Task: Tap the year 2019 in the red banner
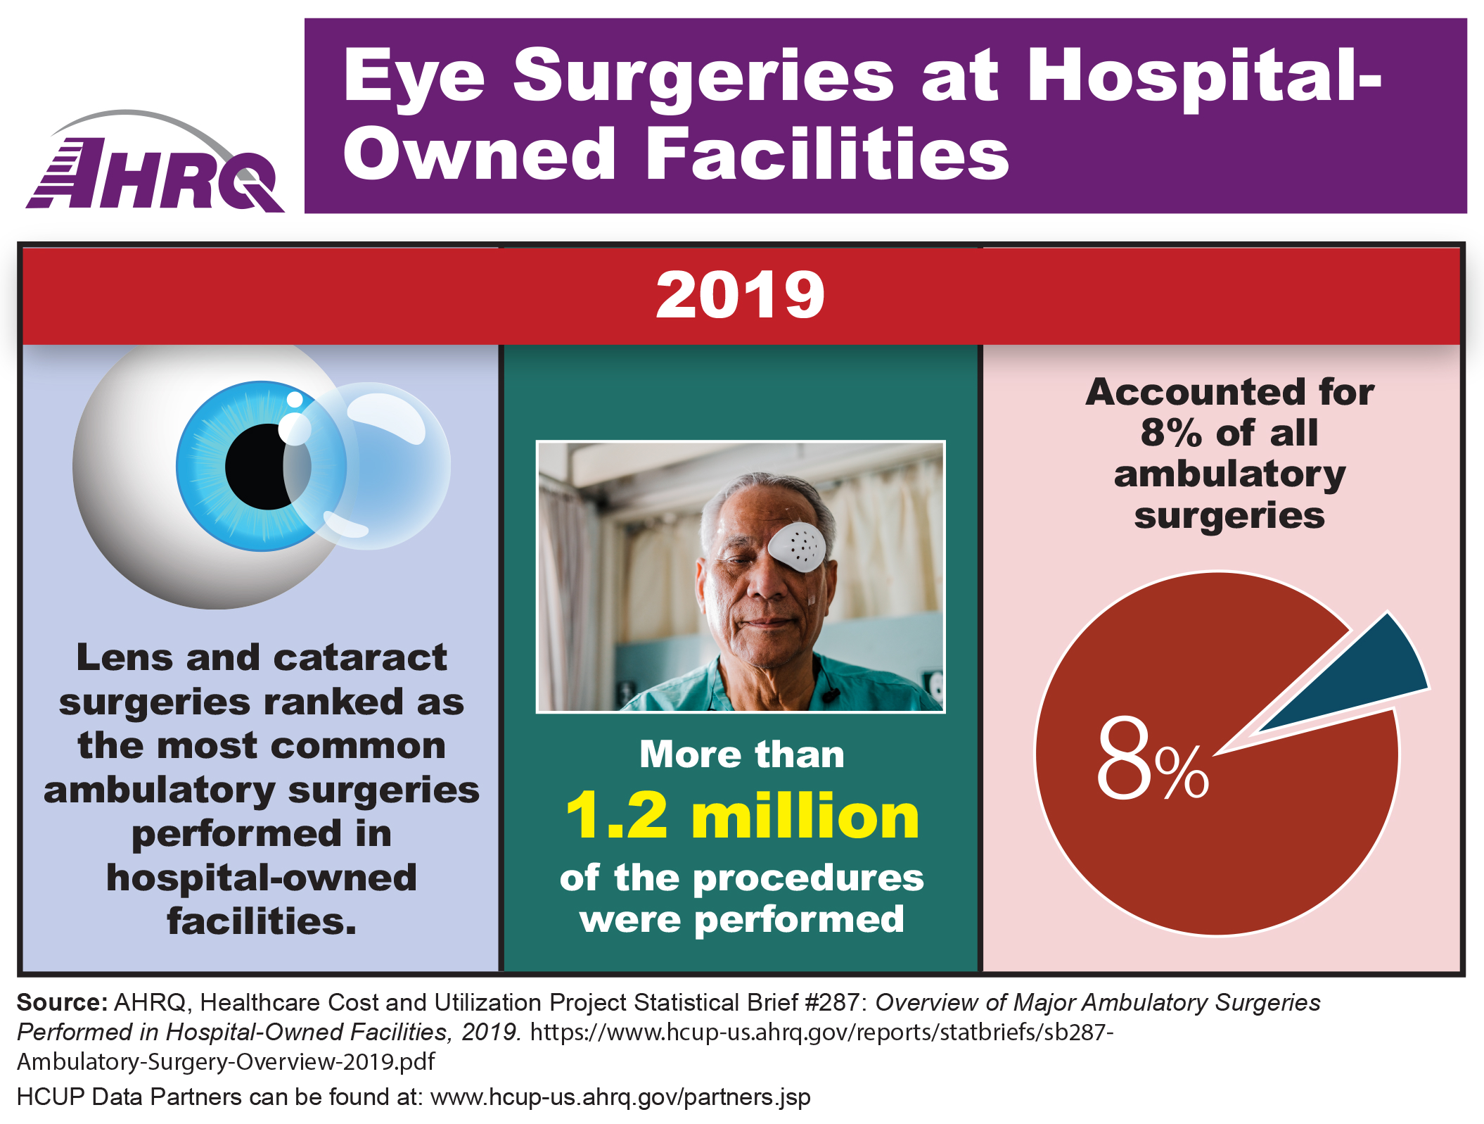tap(740, 296)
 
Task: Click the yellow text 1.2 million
tap(742, 816)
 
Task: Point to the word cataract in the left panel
tap(359, 658)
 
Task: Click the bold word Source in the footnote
tap(62, 1002)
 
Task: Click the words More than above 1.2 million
tap(742, 754)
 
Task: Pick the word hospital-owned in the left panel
tap(262, 878)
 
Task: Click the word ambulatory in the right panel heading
tap(1229, 474)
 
